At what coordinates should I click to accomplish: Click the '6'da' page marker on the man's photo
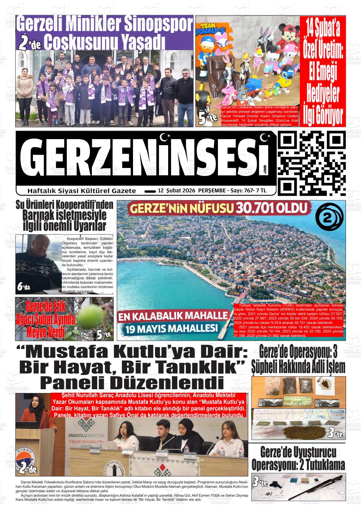(x=24, y=287)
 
